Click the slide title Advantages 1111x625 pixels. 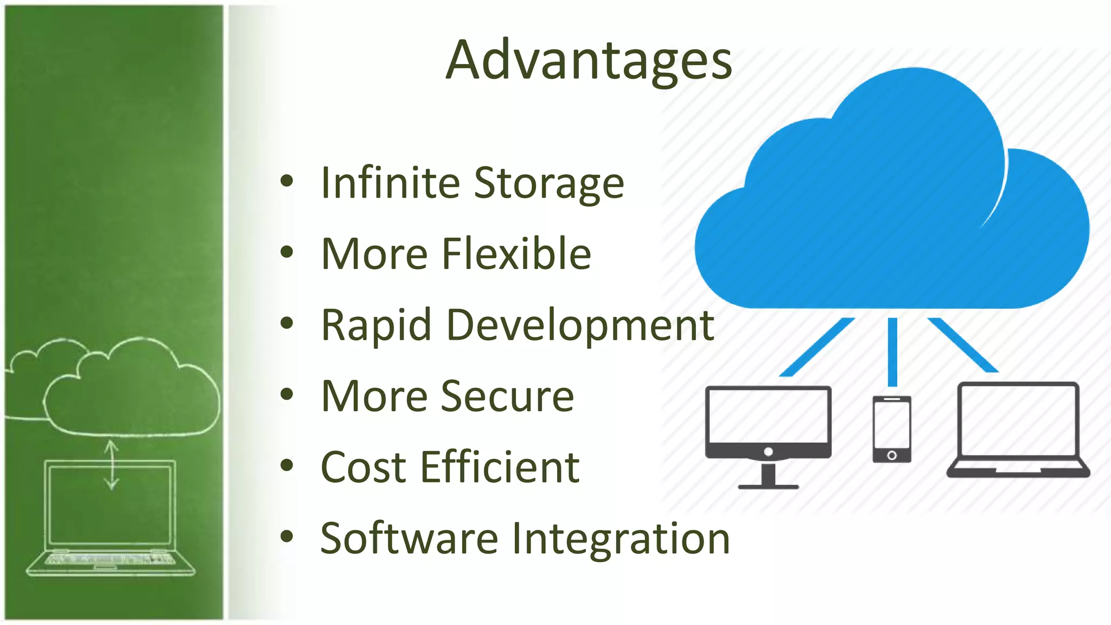[x=589, y=61]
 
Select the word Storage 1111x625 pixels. [x=548, y=184]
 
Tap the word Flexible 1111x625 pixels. [x=516, y=254]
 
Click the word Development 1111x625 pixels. [x=580, y=326]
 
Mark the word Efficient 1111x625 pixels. [x=500, y=467]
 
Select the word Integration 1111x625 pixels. [x=621, y=539]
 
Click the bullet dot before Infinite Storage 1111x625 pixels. [x=286, y=181]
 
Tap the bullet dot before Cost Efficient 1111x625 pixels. [x=286, y=465]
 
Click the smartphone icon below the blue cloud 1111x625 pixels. [x=891, y=429]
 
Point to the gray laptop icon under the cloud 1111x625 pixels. [x=1018, y=429]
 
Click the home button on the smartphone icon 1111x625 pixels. [x=891, y=455]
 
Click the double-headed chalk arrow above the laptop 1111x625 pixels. [x=111, y=465]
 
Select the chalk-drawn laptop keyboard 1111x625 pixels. [x=110, y=559]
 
